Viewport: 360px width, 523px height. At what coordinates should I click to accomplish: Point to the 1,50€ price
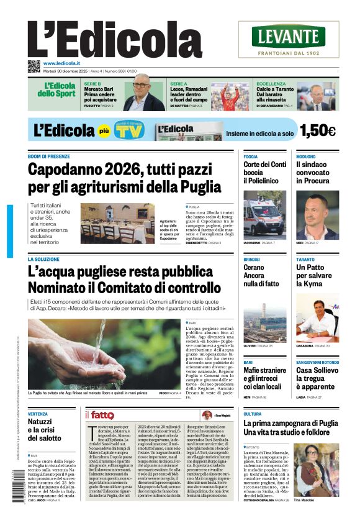point(317,130)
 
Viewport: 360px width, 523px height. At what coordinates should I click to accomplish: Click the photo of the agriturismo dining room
point(117,224)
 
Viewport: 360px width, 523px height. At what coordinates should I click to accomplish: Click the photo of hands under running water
point(104,354)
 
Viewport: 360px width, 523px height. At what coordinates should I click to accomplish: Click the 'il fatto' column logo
point(99,415)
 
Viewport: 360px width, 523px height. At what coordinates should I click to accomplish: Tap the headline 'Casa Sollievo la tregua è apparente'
point(317,379)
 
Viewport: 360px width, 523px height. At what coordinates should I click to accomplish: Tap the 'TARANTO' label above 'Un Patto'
point(305,259)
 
